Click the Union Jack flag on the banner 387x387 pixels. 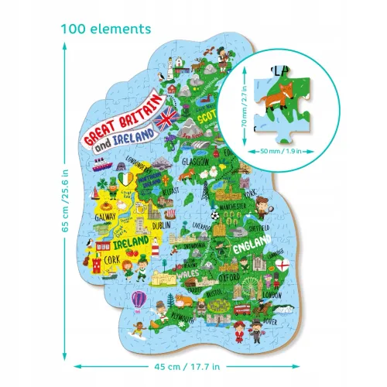[x=166, y=118]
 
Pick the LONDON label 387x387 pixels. [x=272, y=295]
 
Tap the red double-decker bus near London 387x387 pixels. [x=243, y=308]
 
